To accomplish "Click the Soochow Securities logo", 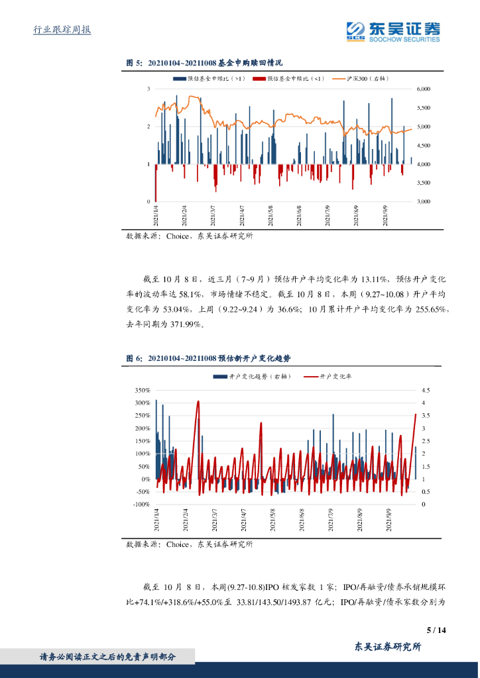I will (393, 31).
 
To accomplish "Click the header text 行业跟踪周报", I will (62, 30).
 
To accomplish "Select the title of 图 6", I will (209, 358).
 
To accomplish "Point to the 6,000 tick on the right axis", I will (423, 89).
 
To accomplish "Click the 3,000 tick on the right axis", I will (423, 201).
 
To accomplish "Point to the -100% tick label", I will (141, 505).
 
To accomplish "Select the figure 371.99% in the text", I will (190, 324).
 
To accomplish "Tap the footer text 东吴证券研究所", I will (388, 648).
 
